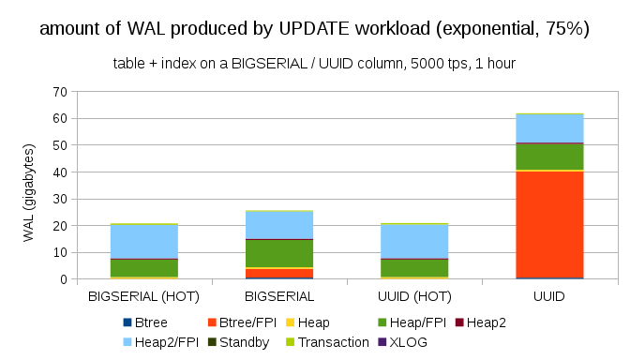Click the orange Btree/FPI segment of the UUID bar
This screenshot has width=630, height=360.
tap(549, 224)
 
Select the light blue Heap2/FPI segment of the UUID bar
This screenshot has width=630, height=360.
tap(549, 127)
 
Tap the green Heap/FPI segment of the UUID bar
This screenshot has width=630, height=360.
tap(549, 157)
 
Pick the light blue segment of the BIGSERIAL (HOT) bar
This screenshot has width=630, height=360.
tap(144, 241)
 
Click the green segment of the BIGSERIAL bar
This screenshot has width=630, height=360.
tap(279, 253)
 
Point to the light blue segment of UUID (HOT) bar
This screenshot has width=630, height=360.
tap(414, 241)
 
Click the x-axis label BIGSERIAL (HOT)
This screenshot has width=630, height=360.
tap(144, 295)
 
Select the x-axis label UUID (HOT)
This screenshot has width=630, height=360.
tap(414, 295)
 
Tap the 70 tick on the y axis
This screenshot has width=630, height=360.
tap(60, 92)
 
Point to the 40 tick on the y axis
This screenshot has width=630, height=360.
tap(60, 172)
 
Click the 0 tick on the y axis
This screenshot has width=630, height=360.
tap(64, 279)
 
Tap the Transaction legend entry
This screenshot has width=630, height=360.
tap(334, 342)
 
